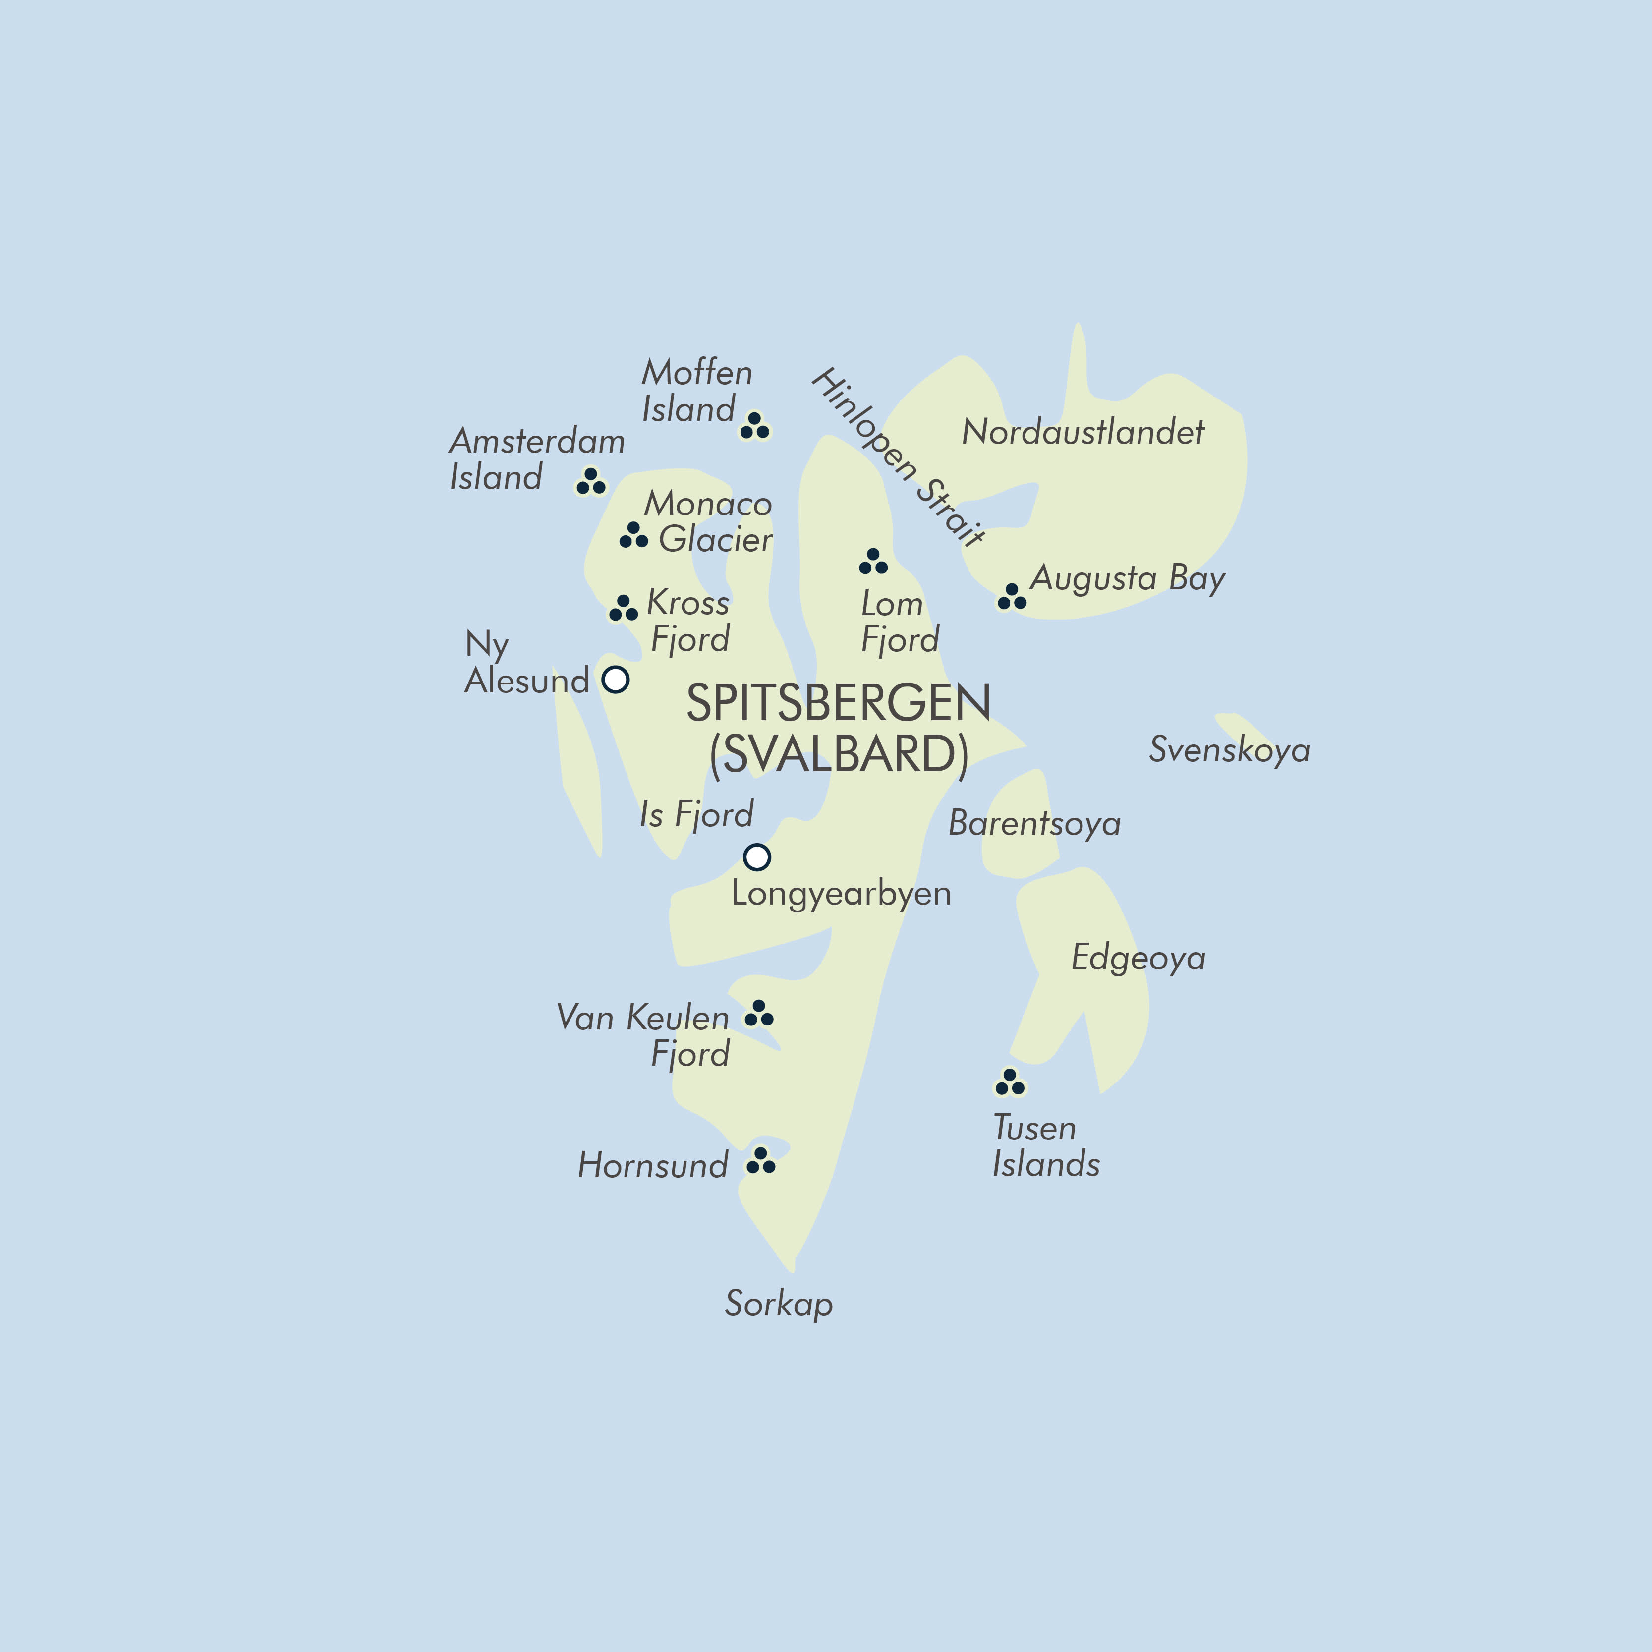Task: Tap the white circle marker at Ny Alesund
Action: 616,680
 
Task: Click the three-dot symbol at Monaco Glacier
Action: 633,536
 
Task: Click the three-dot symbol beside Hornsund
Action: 760,1161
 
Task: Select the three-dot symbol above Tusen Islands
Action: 1010,1082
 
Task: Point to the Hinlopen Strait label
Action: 897,457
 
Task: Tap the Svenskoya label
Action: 1229,750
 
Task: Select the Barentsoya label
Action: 1034,823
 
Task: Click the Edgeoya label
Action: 1138,958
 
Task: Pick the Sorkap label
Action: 778,1304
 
